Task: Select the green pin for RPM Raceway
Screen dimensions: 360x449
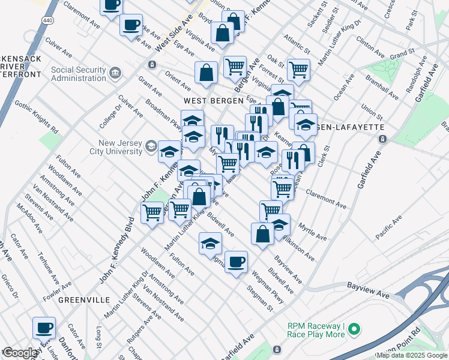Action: click(x=354, y=328)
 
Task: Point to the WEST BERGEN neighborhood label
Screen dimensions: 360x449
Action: click(x=208, y=101)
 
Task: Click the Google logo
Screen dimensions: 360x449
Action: click(x=20, y=353)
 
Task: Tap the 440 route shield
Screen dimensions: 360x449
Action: click(x=47, y=20)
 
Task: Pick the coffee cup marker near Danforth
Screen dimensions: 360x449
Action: click(x=43, y=328)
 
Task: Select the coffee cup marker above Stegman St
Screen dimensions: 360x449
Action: click(x=237, y=262)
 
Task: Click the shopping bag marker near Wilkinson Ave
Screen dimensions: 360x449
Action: click(x=262, y=233)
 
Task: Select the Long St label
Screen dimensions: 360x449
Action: click(x=98, y=340)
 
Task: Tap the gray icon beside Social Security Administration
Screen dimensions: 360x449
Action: click(x=115, y=74)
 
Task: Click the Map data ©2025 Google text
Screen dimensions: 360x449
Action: click(x=411, y=356)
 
